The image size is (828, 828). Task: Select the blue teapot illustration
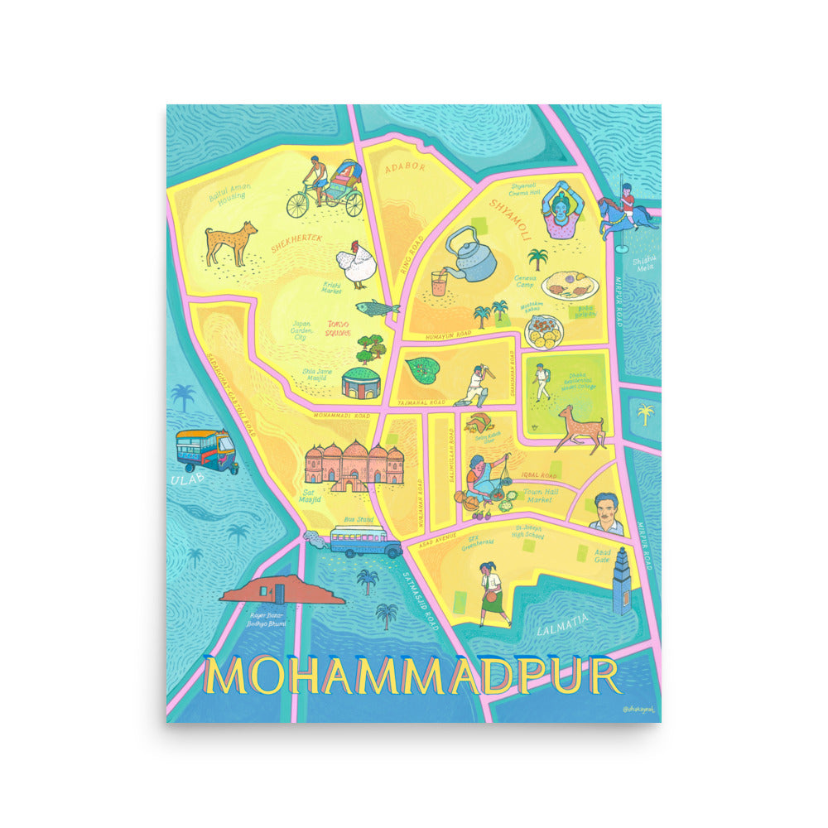(x=471, y=253)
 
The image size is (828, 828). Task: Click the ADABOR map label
(x=404, y=166)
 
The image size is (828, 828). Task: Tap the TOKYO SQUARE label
(x=338, y=328)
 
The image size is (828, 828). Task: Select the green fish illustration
(x=378, y=308)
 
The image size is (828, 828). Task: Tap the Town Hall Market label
(x=542, y=496)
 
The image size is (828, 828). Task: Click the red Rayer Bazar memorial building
(x=282, y=590)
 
